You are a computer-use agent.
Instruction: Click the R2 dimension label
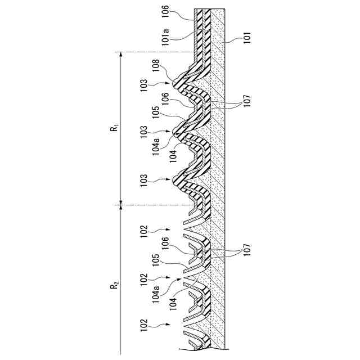(114, 286)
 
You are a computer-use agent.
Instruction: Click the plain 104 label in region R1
(173, 151)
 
